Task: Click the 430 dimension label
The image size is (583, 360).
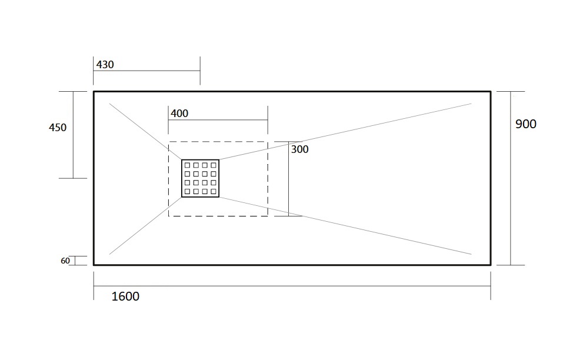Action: [105, 65]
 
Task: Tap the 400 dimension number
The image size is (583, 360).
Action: [179, 114]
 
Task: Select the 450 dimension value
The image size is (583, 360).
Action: [58, 128]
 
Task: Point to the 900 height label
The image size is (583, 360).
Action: [526, 124]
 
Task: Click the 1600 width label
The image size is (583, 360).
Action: [125, 296]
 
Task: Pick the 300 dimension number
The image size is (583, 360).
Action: [299, 149]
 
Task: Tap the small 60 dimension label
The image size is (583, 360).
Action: [65, 261]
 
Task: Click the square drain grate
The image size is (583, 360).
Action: [200, 178]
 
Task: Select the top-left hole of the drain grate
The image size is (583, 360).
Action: [187, 165]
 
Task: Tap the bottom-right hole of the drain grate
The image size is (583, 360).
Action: [214, 192]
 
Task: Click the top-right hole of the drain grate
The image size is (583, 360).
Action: [214, 165]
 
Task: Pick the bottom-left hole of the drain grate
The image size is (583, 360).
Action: [187, 192]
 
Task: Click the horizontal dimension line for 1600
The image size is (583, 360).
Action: [292, 286]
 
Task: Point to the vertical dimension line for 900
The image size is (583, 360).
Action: [511, 178]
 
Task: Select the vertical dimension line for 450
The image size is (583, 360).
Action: [74, 135]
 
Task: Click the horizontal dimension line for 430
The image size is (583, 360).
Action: [146, 71]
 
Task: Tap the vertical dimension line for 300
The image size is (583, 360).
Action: [288, 178]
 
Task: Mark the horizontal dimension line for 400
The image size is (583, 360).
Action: [218, 120]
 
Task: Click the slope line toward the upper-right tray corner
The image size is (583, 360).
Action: [345, 131]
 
